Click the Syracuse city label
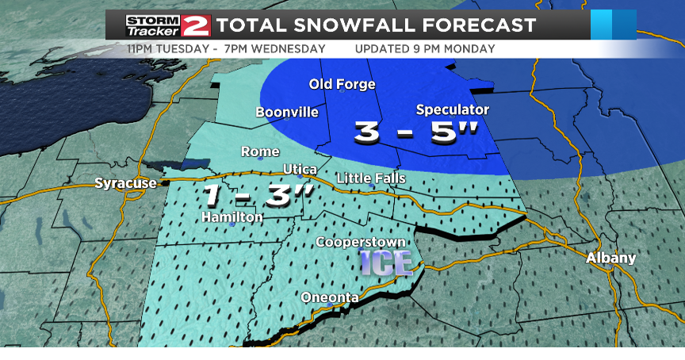[125, 183]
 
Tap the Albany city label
[610, 258]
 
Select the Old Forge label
[342, 84]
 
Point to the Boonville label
[286, 112]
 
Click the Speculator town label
[453, 109]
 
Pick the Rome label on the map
[260, 151]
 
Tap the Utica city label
[300, 170]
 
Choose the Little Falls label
[371, 178]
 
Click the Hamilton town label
[232, 216]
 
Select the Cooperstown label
[361, 241]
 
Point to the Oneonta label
[330, 297]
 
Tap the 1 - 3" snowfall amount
[254, 195]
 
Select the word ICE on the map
[385, 262]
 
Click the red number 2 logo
[195, 26]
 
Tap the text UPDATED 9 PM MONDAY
[425, 48]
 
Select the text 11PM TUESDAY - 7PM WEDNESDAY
[226, 48]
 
